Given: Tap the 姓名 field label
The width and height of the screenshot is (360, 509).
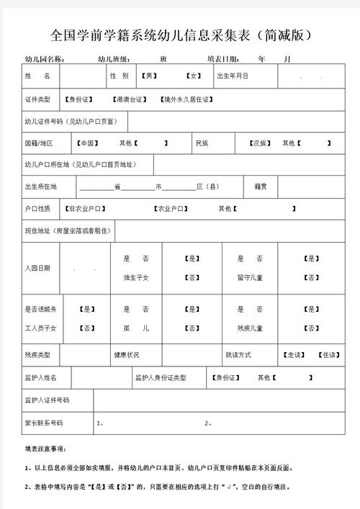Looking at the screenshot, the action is tap(37, 76).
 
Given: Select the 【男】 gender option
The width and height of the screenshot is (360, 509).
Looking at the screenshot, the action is tap(148, 76).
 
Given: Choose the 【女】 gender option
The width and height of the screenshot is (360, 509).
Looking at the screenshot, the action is tap(193, 76).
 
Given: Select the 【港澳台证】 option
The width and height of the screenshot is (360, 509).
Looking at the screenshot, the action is tap(130, 99).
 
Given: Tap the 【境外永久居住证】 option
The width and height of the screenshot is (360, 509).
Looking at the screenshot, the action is tap(185, 99).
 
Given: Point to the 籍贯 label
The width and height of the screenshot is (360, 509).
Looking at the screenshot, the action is tap(261, 186).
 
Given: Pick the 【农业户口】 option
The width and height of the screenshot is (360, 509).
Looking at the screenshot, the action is tap(174, 209).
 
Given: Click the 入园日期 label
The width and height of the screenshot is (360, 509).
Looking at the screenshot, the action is tap(37, 268).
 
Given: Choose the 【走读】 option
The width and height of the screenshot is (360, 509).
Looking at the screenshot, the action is tap(294, 356).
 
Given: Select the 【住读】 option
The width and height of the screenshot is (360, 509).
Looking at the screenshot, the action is tap(328, 356).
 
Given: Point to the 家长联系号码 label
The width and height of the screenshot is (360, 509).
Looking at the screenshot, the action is tap(44, 423).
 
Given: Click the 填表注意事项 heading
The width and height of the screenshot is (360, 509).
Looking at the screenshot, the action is tap(45, 450).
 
